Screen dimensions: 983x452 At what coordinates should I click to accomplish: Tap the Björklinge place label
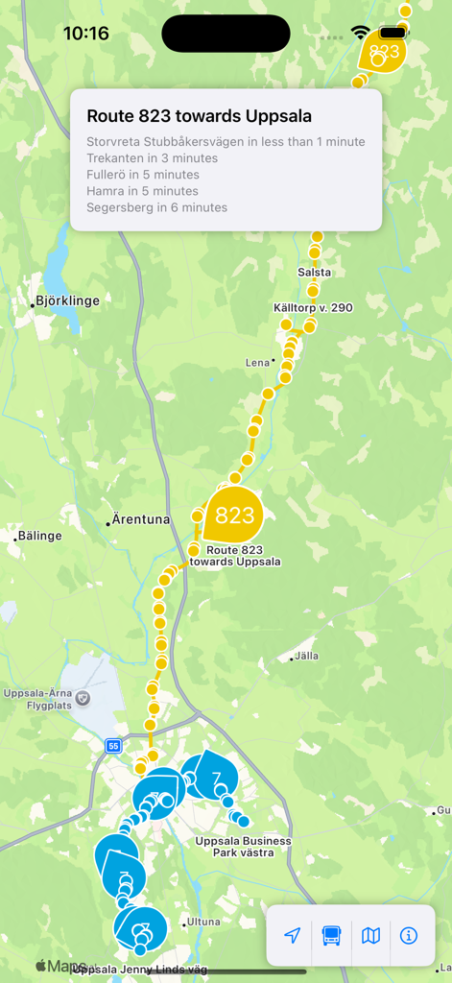pos(67,300)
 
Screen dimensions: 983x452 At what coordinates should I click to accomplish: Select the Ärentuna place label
pos(140,519)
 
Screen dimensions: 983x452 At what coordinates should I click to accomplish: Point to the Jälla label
pos(306,656)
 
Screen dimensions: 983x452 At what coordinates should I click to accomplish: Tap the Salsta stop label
pos(315,272)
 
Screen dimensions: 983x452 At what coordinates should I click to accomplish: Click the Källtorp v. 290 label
pos(313,307)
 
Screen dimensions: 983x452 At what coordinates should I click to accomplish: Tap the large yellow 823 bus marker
pos(233,515)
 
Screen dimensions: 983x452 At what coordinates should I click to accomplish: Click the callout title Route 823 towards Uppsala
pos(199,116)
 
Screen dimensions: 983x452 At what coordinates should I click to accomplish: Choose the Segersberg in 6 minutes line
pos(156,207)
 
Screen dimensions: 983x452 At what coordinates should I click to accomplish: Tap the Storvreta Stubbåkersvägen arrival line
pos(226,142)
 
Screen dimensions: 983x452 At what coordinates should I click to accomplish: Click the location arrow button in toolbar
pos(293,935)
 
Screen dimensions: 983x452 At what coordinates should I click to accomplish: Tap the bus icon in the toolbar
pos(331,935)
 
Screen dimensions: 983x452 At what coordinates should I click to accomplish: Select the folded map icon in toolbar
pos(370,935)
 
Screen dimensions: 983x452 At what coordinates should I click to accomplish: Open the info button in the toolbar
pos(409,935)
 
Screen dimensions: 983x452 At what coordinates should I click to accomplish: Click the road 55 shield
pos(113,745)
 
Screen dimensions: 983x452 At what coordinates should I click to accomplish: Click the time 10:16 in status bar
pos(86,34)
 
